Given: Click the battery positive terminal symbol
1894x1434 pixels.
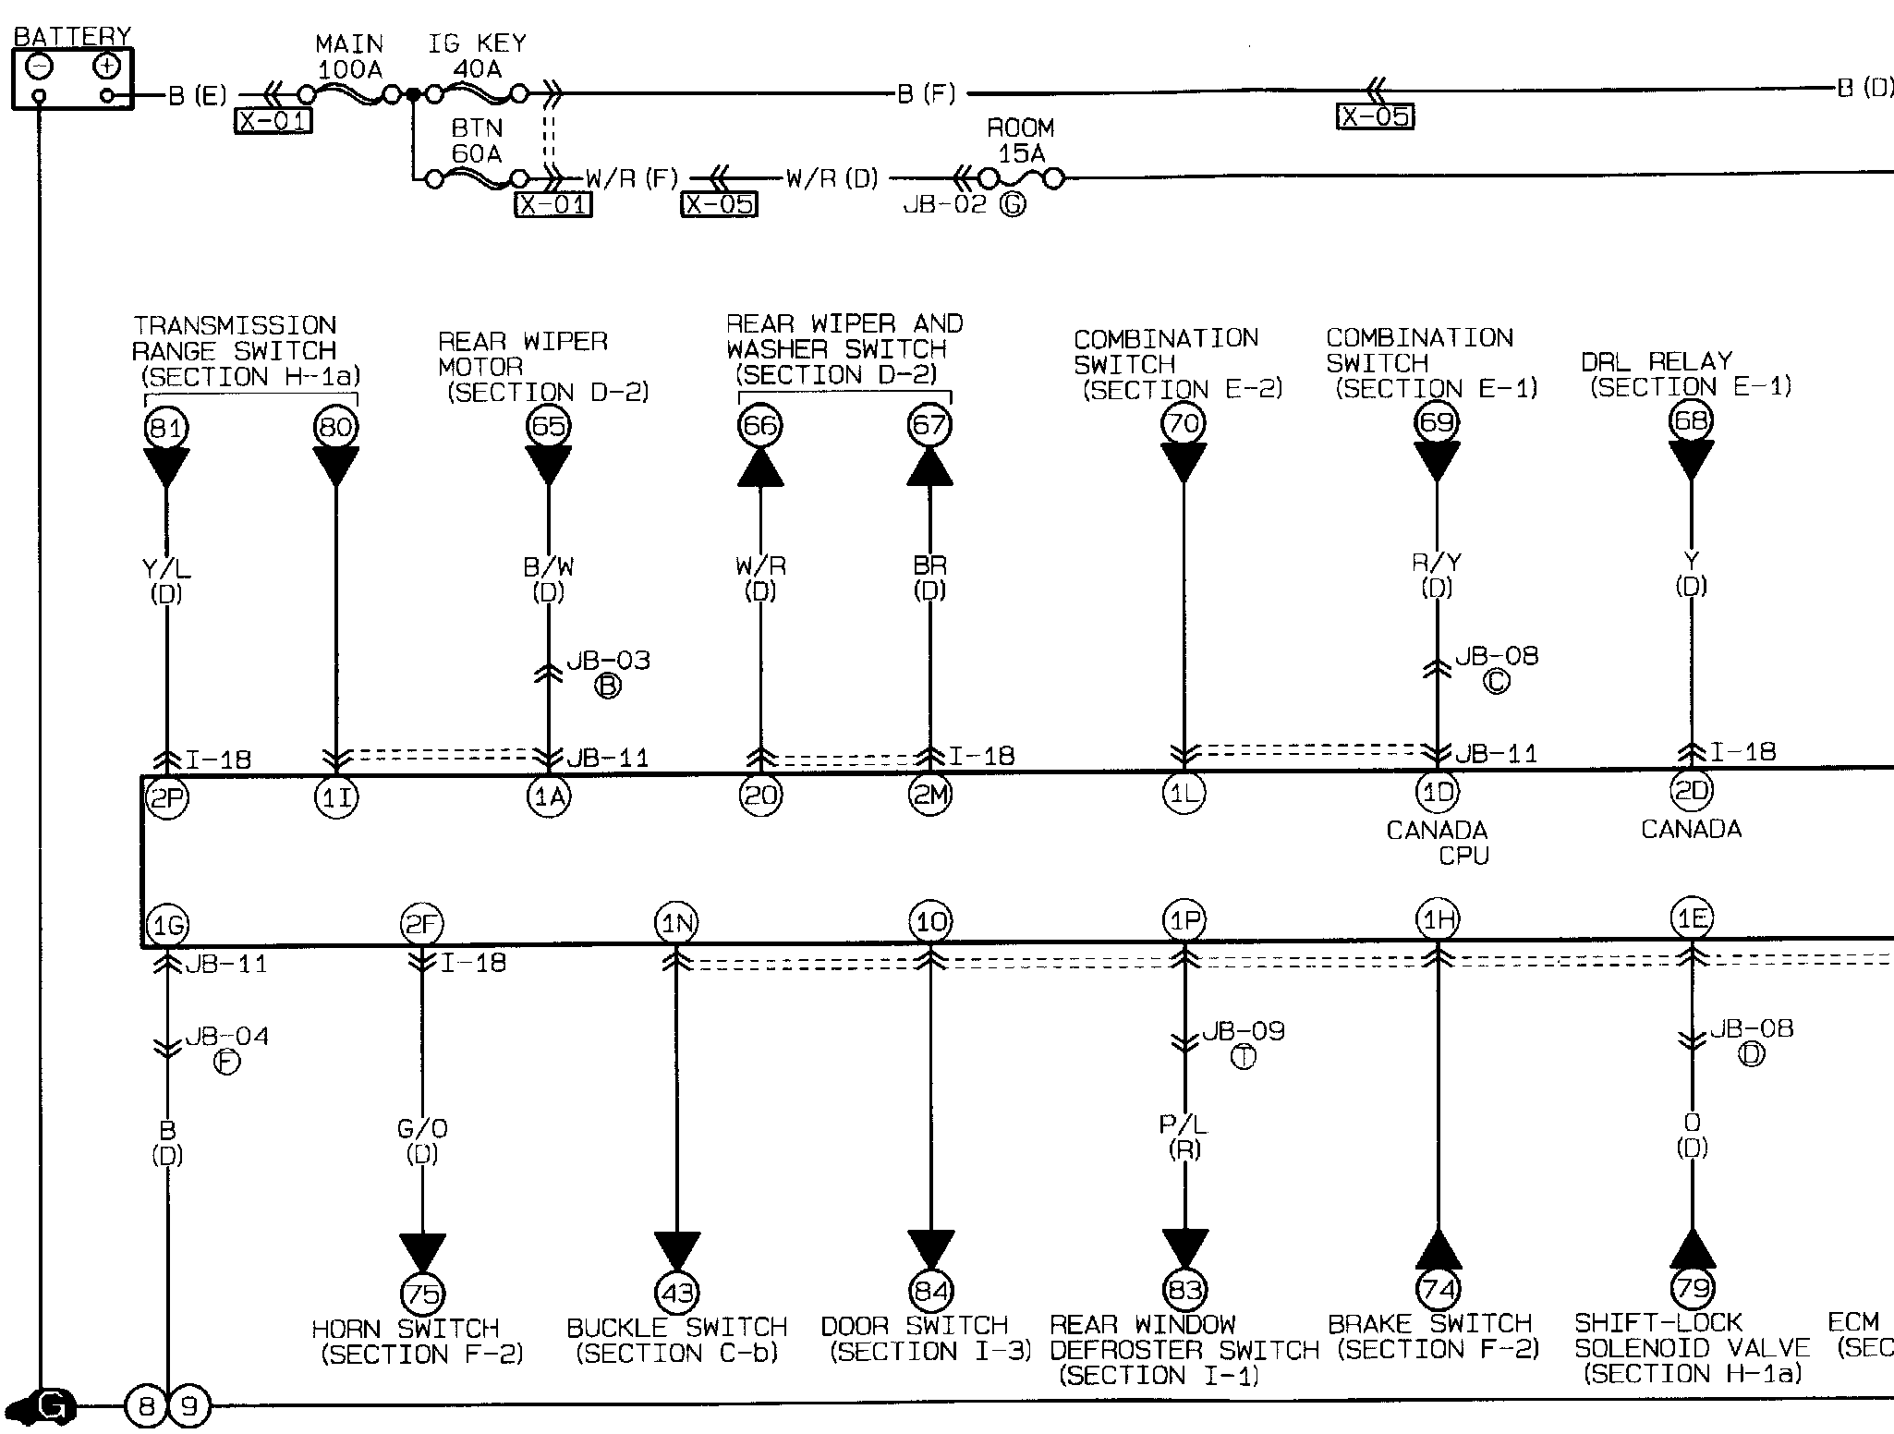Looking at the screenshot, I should pos(107,67).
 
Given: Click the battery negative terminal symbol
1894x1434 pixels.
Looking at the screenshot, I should pos(39,67).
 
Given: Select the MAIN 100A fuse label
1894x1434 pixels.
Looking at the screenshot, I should pos(349,56).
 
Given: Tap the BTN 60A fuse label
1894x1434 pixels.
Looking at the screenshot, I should pos(477,140).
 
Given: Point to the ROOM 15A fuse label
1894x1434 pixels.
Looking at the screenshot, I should pos(1020,140).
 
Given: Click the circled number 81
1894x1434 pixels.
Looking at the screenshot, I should pos(166,428).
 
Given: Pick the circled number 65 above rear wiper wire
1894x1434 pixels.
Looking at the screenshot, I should pos(548,426).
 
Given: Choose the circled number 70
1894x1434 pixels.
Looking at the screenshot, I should pos(1184,424).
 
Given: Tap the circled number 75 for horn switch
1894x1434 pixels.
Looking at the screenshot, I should pos(422,1294).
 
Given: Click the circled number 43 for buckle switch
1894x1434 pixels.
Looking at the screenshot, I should pos(677,1293).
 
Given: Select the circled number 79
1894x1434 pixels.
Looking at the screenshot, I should pos(1693,1287).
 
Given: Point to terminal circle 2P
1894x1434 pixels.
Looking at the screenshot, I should pos(166,797).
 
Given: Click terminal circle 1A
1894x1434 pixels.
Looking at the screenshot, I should pos(548,796).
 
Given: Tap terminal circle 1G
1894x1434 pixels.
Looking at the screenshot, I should pos(166,925).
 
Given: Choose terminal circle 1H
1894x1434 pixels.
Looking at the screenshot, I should pos(1438,919).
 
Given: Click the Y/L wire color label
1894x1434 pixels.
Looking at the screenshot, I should pos(166,569).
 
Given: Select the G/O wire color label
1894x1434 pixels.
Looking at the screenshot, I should pos(422,1128).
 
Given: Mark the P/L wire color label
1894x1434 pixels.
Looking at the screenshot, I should pos(1184,1124).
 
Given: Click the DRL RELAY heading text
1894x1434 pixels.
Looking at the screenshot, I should pos(1656,361).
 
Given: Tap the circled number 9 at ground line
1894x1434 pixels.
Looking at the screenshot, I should pos(189,1407).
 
